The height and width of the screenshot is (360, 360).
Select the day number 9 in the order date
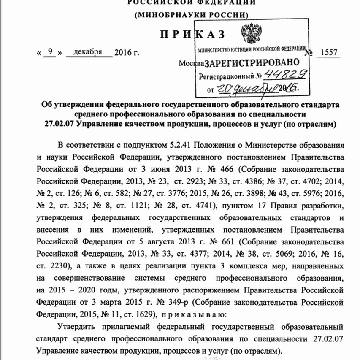pos(50,53)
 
